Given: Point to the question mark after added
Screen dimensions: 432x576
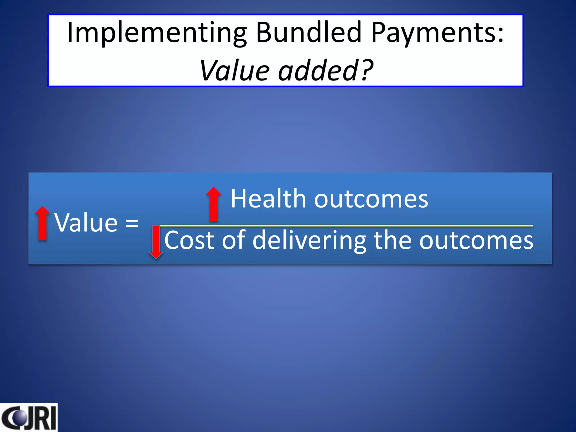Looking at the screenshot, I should pos(367,70).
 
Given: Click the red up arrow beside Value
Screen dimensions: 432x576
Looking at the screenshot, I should pos(42,223).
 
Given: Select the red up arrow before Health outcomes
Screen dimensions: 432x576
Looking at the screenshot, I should pos(214,204).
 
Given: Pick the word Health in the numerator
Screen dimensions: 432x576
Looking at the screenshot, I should pos(268,199).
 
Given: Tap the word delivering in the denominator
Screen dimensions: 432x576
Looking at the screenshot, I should pos(309,241).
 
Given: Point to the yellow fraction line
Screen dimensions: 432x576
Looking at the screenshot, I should pos(346,226).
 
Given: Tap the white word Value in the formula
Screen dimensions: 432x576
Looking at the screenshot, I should pos(86,223).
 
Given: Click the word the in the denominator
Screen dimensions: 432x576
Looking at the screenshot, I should pos(393,240).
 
